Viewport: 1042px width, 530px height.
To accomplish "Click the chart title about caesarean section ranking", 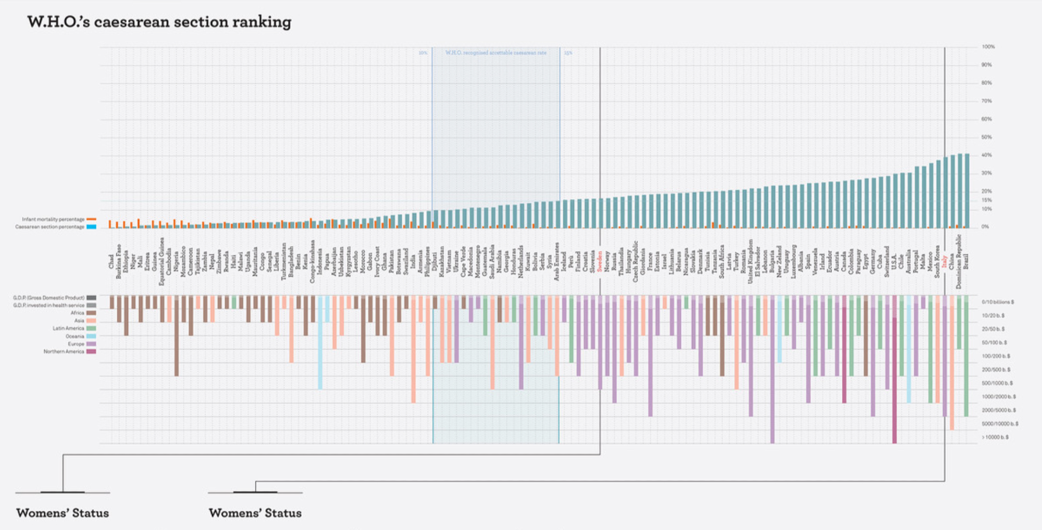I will (x=159, y=22).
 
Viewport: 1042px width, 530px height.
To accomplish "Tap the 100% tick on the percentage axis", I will (x=988, y=47).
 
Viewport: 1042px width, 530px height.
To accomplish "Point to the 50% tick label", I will (x=987, y=137).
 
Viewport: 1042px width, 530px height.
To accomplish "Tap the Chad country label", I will (x=111, y=261).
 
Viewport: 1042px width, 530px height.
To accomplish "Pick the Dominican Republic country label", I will (x=959, y=261).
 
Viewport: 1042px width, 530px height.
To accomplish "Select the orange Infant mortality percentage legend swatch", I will (x=91, y=219).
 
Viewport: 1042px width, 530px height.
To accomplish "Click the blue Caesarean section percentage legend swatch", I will (x=91, y=227).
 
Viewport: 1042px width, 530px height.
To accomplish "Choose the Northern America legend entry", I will (x=64, y=352).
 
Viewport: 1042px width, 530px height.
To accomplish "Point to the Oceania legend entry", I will (x=75, y=336).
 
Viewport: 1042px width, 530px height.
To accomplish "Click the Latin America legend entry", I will (x=68, y=329).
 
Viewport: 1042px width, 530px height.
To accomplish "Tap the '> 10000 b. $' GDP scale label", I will (x=995, y=437).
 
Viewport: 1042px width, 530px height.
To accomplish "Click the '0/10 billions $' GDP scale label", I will (x=998, y=302).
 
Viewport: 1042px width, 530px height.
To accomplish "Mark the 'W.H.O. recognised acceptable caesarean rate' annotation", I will (x=495, y=53).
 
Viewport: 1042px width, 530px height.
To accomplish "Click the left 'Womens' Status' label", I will (x=63, y=513).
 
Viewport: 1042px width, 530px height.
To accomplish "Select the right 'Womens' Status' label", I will (x=255, y=513).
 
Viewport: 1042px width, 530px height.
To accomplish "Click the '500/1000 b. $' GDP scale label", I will (x=997, y=383).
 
